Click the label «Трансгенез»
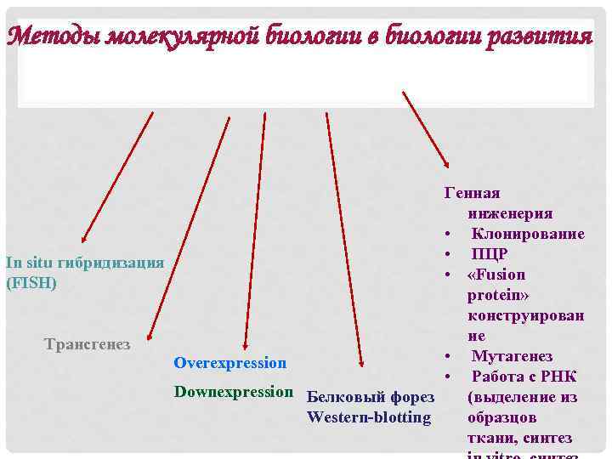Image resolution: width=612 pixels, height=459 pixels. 87,344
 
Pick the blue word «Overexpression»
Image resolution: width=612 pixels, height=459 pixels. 229,363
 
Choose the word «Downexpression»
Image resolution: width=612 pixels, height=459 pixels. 233,392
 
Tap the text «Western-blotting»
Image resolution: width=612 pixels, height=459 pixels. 369,417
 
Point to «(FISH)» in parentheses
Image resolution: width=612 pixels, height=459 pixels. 31,283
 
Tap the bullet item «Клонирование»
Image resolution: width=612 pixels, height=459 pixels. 528,234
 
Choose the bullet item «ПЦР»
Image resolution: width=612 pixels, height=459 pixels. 490,254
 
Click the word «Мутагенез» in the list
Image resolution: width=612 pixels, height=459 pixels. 512,356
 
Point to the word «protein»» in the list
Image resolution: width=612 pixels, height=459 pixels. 497,295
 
